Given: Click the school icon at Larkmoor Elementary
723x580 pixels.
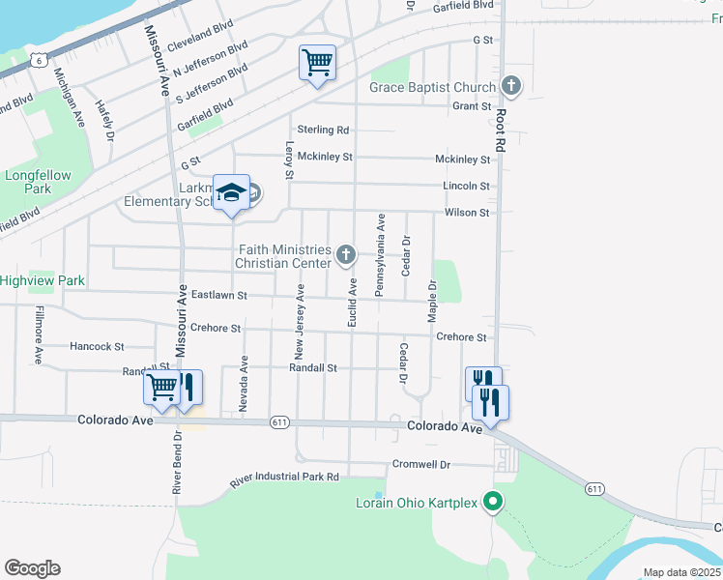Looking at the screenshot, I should pos(232,192).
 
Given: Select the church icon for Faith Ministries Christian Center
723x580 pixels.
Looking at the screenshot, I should pos(346,256).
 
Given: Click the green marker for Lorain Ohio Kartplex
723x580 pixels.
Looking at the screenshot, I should pos(493,502).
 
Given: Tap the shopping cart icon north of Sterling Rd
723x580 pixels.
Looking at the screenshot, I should pos(318,63).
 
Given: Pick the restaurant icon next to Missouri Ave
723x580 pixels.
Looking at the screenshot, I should pos(187,387).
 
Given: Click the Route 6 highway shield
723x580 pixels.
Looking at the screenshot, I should pos(37,60).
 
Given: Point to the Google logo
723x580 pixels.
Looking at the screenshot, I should pos(32,567).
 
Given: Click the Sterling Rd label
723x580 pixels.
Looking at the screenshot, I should pos(323,130).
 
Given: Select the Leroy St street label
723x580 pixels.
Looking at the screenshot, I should pos(289,161).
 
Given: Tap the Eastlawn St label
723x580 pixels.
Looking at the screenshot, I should pos(219,295).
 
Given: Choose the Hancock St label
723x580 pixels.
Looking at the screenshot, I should pos(97,346).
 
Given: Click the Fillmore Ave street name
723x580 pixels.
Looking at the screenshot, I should pos(39,334).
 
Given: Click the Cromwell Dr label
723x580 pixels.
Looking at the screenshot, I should pos(421,465).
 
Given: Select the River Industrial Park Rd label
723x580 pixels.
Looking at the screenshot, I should pos(284,478).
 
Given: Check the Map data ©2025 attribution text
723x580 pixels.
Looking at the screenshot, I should pos(681,572).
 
